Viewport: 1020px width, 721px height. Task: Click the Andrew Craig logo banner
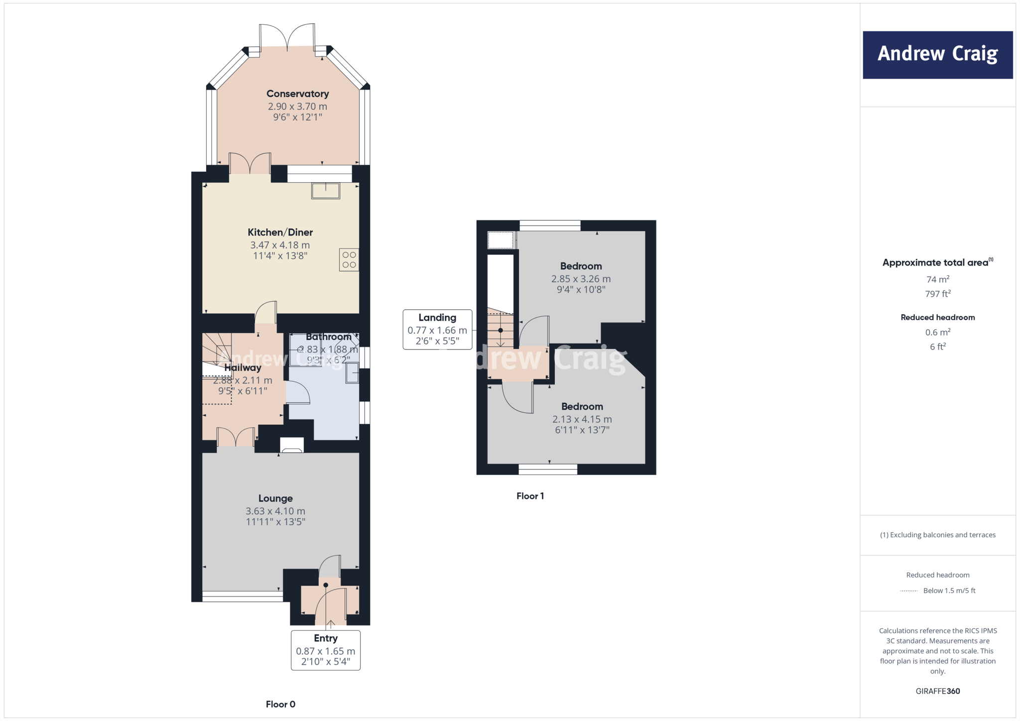coord(937,55)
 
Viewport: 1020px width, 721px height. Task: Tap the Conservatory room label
coord(297,94)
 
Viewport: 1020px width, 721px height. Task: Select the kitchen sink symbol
coord(326,191)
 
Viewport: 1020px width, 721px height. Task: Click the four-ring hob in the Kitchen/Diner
coord(349,260)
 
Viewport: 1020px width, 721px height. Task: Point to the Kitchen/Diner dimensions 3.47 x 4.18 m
coord(280,245)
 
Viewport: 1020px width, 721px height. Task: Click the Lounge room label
coord(275,498)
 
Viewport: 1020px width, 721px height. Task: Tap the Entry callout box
coord(326,650)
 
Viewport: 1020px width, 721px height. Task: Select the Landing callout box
coord(437,330)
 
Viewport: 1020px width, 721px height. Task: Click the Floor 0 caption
coord(280,704)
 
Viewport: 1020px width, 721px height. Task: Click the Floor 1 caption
coord(530,496)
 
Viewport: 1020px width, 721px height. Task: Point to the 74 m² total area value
coord(937,279)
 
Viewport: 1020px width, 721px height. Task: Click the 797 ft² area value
coord(937,294)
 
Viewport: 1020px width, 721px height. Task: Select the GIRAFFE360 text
coord(937,691)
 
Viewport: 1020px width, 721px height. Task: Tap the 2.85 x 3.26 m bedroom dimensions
coord(581,279)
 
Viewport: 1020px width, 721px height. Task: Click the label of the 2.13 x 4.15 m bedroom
coord(582,406)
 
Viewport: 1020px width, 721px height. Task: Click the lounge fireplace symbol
coord(292,446)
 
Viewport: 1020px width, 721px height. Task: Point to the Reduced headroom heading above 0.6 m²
coord(937,317)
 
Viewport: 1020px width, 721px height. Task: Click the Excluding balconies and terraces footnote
coord(937,535)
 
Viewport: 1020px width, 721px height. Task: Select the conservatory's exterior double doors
coord(287,37)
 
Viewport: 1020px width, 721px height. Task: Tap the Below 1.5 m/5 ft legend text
coord(949,591)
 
